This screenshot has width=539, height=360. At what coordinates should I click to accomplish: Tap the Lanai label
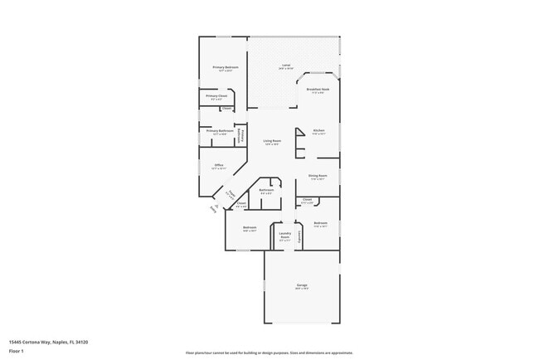[x=286, y=66]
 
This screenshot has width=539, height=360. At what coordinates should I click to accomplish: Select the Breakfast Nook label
[x=318, y=90]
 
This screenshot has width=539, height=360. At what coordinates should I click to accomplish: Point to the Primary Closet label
[x=216, y=96]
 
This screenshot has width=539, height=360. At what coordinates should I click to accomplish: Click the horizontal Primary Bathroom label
[x=220, y=130]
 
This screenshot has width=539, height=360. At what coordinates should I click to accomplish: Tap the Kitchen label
[x=318, y=130]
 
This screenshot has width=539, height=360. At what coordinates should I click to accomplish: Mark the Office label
[x=219, y=165]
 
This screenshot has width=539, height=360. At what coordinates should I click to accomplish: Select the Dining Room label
[x=318, y=176]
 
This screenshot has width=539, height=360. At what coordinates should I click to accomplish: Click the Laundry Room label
[x=284, y=236]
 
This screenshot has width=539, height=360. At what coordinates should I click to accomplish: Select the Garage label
[x=302, y=285]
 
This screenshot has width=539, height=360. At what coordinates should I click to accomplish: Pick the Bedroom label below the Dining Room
[x=321, y=223]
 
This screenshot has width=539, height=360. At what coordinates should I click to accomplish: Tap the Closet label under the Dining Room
[x=307, y=199]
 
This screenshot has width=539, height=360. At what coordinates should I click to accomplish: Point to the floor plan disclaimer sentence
[x=269, y=353]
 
